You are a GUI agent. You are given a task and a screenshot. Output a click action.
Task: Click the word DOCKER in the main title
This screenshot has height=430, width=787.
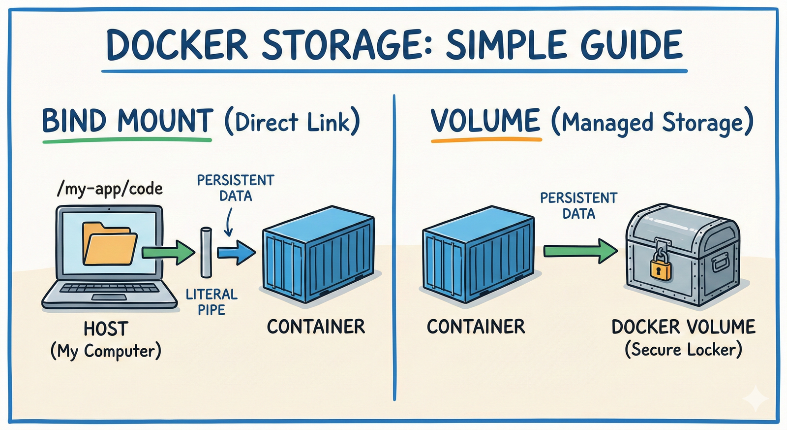[177, 45]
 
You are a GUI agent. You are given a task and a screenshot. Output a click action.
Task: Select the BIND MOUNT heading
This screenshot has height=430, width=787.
[127, 121]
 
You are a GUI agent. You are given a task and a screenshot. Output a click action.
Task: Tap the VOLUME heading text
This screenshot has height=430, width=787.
[485, 121]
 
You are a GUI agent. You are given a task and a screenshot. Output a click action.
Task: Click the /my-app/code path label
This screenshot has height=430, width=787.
[110, 189]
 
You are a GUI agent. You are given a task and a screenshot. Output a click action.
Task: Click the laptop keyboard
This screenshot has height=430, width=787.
[109, 288]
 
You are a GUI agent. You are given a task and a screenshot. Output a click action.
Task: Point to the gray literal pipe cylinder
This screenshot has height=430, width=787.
[206, 252]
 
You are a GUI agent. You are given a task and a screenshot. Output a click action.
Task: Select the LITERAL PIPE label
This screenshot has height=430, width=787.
[212, 302]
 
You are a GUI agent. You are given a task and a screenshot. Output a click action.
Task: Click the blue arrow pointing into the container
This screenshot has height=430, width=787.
[237, 252]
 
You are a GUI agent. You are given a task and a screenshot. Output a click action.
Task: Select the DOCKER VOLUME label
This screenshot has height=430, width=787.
[683, 327]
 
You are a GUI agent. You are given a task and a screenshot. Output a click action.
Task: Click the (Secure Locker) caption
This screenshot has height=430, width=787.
[683, 350]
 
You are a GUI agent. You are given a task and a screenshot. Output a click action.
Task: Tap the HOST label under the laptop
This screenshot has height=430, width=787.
[106, 329]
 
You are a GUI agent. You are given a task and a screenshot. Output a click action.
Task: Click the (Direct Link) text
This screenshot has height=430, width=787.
[292, 122]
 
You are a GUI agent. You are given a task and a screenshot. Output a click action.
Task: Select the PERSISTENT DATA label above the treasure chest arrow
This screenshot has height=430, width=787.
[578, 205]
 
